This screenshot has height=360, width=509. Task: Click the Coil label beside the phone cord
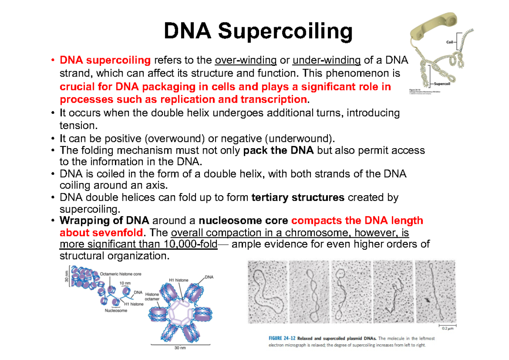click(x=450, y=42)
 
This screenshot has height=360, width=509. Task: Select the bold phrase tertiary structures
click(x=298, y=197)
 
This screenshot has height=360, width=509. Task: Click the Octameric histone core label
click(x=120, y=274)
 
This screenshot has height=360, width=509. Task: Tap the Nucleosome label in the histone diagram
click(x=116, y=311)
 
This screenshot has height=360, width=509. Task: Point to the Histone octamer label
click(x=152, y=296)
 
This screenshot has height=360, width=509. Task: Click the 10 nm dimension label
click(x=125, y=282)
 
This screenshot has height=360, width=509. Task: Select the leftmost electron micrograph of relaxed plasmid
click(x=267, y=292)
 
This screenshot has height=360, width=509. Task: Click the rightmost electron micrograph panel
click(x=435, y=292)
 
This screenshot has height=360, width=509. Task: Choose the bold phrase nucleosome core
click(x=244, y=221)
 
